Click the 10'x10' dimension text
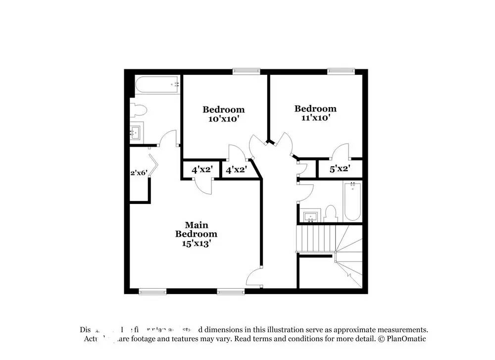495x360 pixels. (223, 119)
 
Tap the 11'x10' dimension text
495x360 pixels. (315, 118)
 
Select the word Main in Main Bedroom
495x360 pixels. (196, 225)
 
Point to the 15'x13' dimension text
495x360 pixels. (196, 243)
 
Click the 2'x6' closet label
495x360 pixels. (139, 173)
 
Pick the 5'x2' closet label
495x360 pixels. (340, 169)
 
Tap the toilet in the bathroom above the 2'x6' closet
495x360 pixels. (138, 110)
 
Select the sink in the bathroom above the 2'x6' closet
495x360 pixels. (136, 132)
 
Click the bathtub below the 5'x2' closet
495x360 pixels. (352, 202)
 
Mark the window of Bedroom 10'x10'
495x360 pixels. (246, 71)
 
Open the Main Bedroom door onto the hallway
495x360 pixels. (256, 276)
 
